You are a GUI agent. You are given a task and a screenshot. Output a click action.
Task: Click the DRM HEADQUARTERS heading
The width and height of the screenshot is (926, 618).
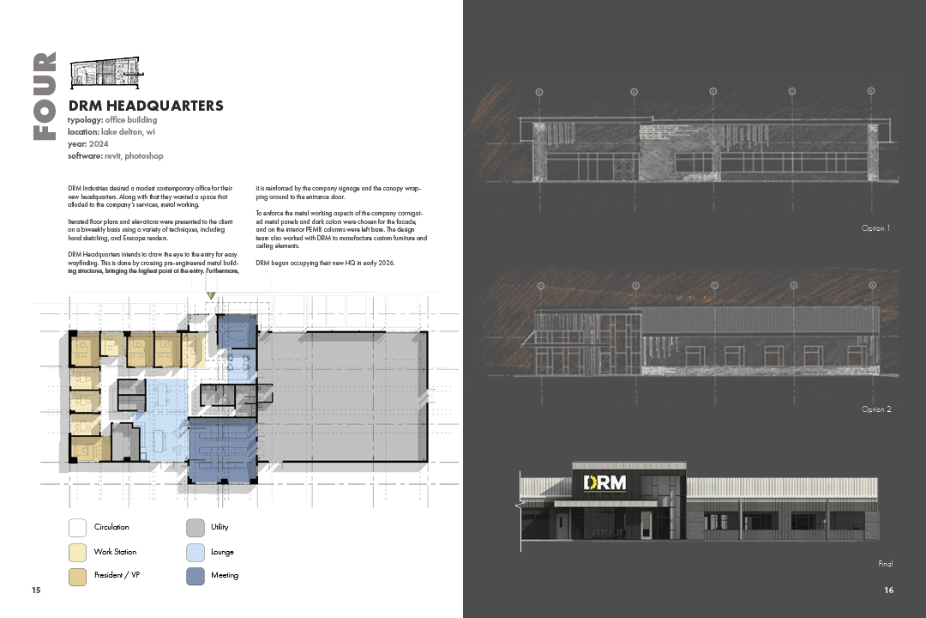click(x=145, y=106)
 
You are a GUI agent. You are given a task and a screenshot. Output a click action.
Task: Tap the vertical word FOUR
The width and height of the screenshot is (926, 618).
click(x=45, y=96)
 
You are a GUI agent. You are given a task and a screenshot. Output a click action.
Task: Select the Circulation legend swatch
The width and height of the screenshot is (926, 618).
click(x=77, y=527)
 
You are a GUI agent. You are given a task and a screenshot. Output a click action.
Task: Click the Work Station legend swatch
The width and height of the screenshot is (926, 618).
click(x=77, y=552)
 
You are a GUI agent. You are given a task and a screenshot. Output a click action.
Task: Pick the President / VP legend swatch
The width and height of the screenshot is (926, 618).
click(x=77, y=575)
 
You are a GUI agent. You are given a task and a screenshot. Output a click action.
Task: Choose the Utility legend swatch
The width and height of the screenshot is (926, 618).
click(x=195, y=527)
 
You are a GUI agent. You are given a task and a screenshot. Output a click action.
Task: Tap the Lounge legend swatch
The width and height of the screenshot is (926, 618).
click(x=195, y=552)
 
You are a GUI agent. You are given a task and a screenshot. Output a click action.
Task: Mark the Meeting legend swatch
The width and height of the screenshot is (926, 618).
click(x=195, y=575)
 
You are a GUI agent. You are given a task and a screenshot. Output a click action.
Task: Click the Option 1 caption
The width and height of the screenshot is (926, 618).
click(x=876, y=228)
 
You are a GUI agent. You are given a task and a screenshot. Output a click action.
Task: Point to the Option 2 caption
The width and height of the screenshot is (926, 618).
click(x=876, y=409)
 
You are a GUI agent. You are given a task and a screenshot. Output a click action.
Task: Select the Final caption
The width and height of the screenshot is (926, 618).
click(x=885, y=564)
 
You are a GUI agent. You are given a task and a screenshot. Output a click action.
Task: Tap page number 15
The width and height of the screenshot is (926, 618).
click(x=36, y=591)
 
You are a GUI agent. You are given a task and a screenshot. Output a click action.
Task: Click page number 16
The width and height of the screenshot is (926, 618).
click(x=888, y=591)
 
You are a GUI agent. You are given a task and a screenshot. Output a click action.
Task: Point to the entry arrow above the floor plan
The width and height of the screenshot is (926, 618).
click(x=211, y=295)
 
